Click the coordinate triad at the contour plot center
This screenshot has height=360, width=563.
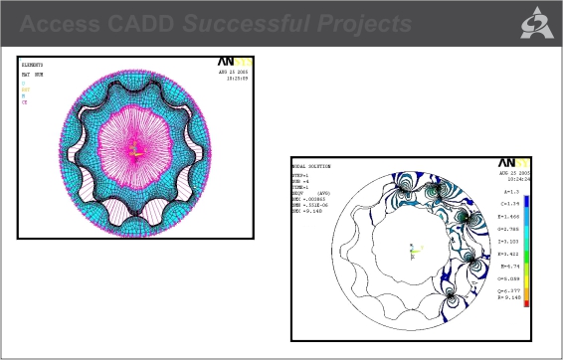point(411,251)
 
